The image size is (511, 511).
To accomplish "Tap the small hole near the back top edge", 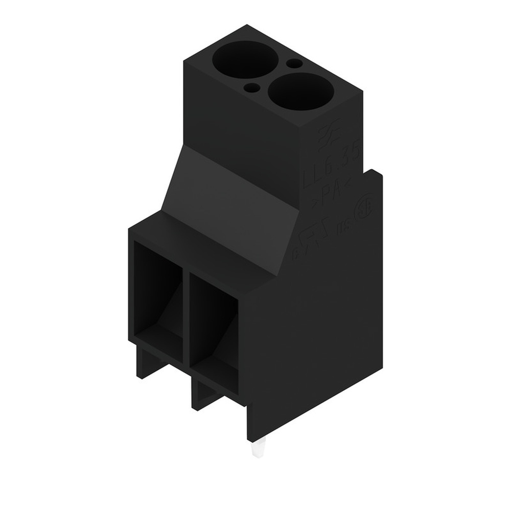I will click(x=294, y=64).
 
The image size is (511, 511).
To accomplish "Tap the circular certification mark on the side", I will click(x=363, y=212).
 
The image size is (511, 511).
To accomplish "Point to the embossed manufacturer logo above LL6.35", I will click(x=330, y=136).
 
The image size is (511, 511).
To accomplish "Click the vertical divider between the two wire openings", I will click(x=186, y=317).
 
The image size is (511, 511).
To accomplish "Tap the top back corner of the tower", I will click(x=247, y=26).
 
